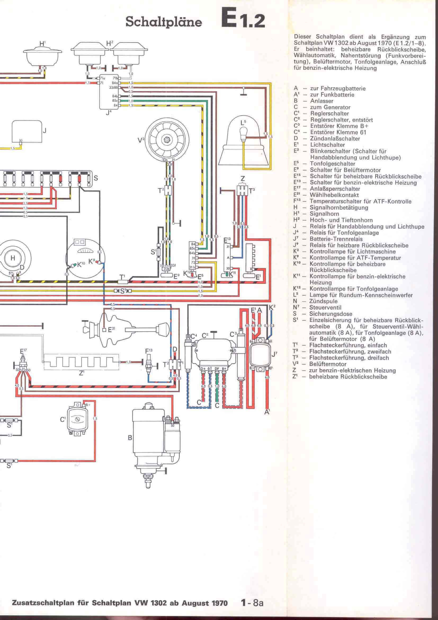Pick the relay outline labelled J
click(27, 131)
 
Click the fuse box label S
click(96, 178)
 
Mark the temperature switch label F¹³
click(149, 351)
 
